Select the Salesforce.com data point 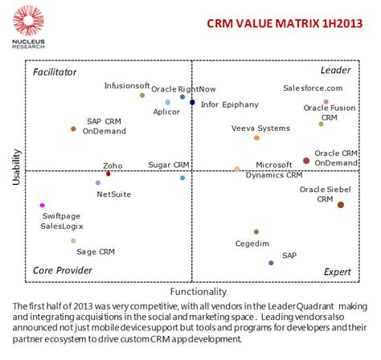(x=326, y=102)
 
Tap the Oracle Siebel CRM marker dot (x=341, y=205)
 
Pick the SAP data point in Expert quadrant (x=271, y=263)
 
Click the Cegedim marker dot (x=256, y=232)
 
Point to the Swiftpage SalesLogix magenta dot (x=42, y=206)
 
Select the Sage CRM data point (x=73, y=240)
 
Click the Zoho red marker (x=109, y=174)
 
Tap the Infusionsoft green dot (x=142, y=96)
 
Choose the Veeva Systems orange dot (x=256, y=138)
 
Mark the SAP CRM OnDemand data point (x=73, y=129)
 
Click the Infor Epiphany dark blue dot (x=192, y=102)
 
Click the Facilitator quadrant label (x=55, y=72)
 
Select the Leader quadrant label (x=335, y=72)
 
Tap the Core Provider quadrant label (x=62, y=271)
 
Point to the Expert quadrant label (x=337, y=272)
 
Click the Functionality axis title (x=199, y=292)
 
